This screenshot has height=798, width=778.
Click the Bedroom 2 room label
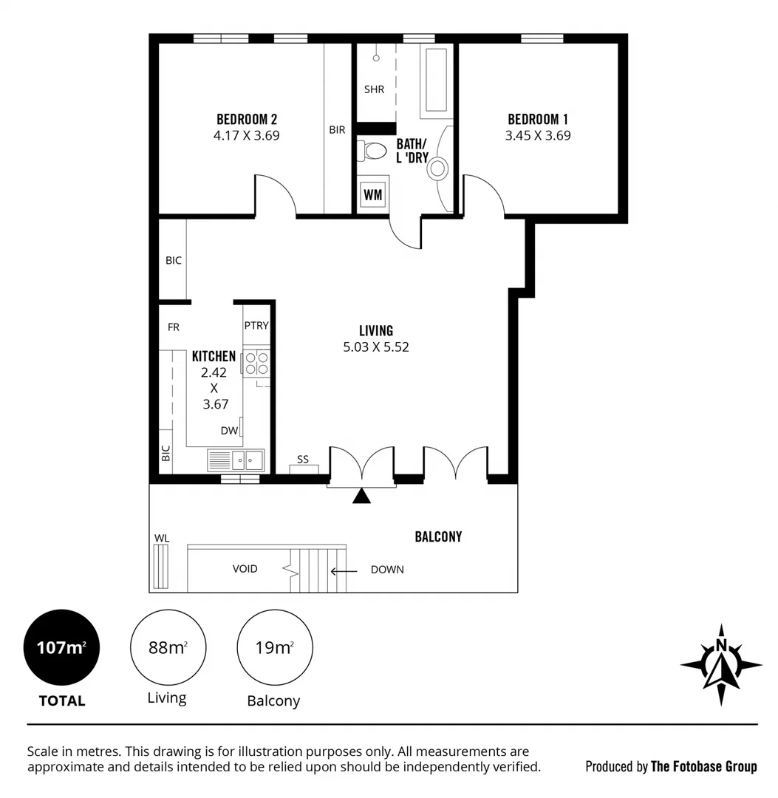tap(246, 119)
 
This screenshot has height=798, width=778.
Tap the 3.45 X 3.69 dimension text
tap(537, 136)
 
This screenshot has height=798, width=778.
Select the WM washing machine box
tap(373, 194)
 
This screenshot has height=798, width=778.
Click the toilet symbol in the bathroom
tap(373, 151)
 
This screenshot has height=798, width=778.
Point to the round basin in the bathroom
tap(437, 168)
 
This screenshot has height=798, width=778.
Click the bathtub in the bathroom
tap(436, 81)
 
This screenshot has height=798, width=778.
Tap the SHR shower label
tap(374, 89)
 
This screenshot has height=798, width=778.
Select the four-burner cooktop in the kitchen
tap(256, 363)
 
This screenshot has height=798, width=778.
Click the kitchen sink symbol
tap(237, 460)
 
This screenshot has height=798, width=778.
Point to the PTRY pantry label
tap(256, 325)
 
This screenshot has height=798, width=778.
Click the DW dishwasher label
tap(228, 431)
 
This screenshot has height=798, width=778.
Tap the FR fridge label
tap(174, 327)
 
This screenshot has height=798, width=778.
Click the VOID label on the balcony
tap(245, 570)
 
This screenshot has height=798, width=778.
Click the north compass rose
tap(721, 664)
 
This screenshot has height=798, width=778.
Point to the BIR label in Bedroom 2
tap(337, 130)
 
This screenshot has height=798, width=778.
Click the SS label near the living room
tap(303, 460)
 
